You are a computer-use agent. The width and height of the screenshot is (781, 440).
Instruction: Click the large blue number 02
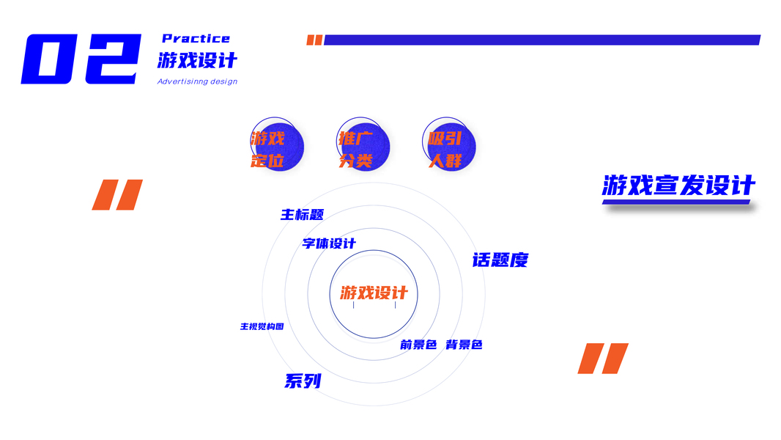[x=81, y=59]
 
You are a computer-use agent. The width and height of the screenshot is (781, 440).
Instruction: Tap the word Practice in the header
[x=196, y=38]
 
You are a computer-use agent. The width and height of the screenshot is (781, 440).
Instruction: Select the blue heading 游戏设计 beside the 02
[x=197, y=60]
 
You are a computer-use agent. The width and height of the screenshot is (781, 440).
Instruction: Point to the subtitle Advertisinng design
[x=197, y=81]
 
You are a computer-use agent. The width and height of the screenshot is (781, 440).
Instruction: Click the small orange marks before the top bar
[x=314, y=40]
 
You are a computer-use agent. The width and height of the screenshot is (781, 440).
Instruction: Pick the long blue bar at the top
[x=541, y=40]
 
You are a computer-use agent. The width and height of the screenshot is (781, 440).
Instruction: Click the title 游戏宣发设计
[x=678, y=186]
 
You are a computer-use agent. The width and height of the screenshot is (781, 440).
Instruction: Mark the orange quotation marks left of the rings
[x=117, y=194]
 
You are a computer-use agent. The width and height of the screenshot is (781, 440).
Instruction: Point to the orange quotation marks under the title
[x=603, y=359]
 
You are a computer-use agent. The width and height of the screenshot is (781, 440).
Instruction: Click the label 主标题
[x=302, y=215]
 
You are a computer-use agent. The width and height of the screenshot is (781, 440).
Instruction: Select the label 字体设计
[x=329, y=243]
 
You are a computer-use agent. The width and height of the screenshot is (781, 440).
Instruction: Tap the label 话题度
[x=500, y=260]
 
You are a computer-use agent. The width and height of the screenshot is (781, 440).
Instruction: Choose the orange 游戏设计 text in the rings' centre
[x=374, y=293]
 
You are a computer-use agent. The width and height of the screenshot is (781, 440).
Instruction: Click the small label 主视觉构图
[x=262, y=326]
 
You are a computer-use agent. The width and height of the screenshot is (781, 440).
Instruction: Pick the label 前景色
[x=418, y=345]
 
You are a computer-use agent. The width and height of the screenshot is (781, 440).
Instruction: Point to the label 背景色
[x=464, y=345]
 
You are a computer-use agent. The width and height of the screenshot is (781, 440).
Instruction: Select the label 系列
[x=303, y=381]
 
